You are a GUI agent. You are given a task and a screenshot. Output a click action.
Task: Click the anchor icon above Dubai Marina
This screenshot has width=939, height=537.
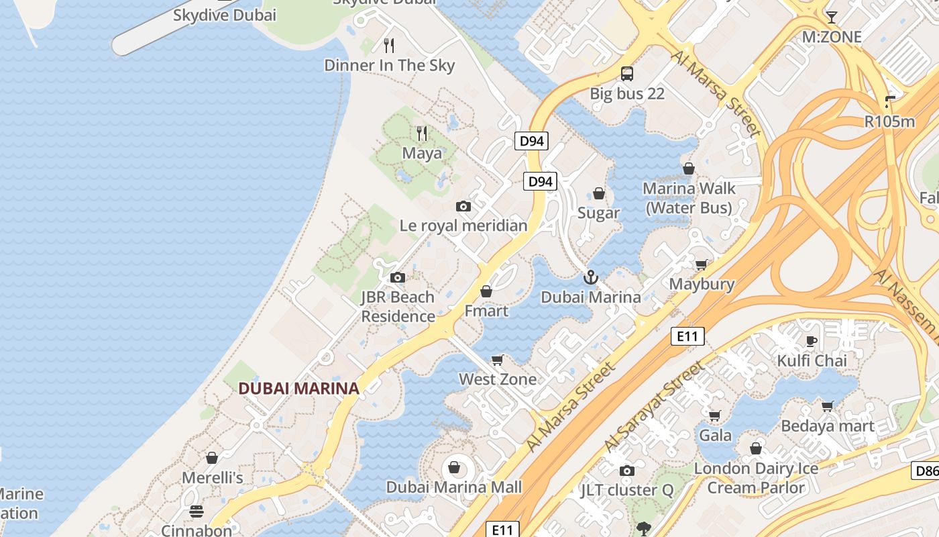[x=591, y=277]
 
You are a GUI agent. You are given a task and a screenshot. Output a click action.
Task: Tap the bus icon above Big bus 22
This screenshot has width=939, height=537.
[x=626, y=73]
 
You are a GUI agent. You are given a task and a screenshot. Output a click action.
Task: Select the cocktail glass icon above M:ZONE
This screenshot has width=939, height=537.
[x=832, y=17]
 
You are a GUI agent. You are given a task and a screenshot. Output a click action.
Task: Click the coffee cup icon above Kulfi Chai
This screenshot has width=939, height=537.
[x=812, y=340]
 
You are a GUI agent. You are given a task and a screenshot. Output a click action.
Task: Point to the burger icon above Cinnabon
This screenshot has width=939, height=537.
[x=196, y=511]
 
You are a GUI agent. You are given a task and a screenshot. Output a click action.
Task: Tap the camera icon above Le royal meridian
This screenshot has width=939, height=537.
[x=463, y=206]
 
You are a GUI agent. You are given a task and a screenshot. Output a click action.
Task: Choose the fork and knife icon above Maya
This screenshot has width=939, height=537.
[x=422, y=134]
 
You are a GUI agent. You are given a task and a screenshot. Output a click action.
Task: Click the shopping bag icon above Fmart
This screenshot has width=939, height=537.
[x=486, y=291]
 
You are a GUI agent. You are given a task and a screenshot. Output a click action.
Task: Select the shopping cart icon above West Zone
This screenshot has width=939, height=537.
[x=498, y=360]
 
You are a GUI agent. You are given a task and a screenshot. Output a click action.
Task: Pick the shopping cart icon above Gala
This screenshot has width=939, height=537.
[x=715, y=416]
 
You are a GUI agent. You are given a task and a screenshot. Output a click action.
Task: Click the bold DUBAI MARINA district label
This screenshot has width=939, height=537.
[x=298, y=388]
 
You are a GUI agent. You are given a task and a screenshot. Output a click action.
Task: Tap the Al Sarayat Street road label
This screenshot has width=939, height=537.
[x=655, y=407]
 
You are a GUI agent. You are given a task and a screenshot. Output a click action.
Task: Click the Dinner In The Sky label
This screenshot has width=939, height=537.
[x=389, y=65]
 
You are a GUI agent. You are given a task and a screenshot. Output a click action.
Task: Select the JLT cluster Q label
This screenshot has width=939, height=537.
[x=626, y=490]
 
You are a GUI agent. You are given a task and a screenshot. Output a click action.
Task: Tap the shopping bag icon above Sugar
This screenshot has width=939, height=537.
[x=599, y=193]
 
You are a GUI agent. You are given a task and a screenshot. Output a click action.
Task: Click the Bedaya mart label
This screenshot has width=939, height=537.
[x=827, y=426]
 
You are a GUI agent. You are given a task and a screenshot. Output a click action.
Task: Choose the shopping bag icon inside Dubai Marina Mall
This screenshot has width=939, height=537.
[x=454, y=467]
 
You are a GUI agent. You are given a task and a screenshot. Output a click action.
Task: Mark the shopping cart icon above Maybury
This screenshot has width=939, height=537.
[x=702, y=264]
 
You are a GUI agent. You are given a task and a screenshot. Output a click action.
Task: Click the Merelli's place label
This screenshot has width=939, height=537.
[x=213, y=478]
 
